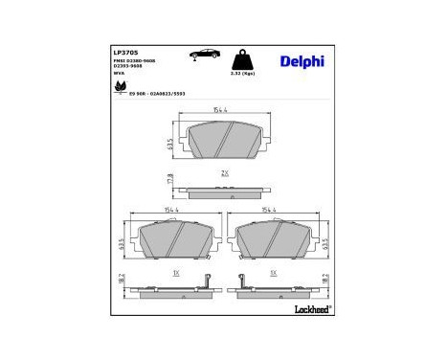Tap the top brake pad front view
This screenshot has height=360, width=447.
(x=224, y=142)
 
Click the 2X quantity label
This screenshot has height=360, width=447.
(x=224, y=173)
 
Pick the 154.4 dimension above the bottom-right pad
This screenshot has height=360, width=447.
(x=270, y=211)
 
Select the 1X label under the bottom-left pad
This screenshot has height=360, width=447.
(x=175, y=273)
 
